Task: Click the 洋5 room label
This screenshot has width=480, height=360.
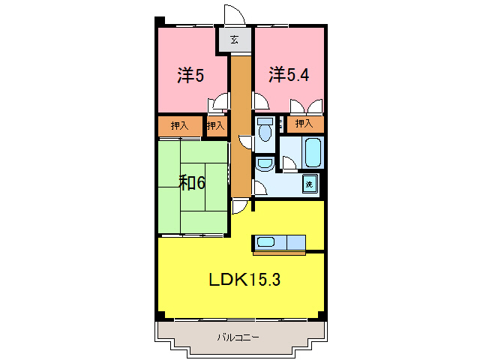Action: [x=190, y=75]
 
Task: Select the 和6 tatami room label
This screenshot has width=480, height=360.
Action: [x=192, y=183]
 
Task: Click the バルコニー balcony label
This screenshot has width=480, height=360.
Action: [x=238, y=337]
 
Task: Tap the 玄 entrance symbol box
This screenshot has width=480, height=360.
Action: [x=235, y=40]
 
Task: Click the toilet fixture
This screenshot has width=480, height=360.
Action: [x=264, y=131]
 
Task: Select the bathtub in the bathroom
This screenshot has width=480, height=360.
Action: [x=313, y=152]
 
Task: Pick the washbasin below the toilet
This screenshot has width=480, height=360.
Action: [x=265, y=163]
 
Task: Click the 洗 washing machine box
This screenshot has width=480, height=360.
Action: [x=309, y=184]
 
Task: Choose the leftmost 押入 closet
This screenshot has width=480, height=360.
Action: [x=179, y=125]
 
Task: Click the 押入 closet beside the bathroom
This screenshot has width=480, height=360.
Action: [x=304, y=123]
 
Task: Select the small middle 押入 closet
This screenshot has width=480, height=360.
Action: [x=216, y=125]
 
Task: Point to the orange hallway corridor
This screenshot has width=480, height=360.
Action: [x=239, y=127]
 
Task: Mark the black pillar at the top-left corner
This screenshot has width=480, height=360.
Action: [x=159, y=21]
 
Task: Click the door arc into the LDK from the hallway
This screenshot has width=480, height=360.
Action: [x=239, y=205]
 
